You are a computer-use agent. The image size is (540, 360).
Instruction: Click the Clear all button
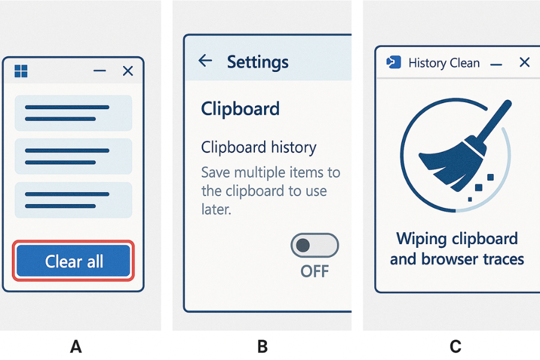click(x=74, y=262)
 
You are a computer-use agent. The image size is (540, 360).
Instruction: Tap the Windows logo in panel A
click(x=21, y=71)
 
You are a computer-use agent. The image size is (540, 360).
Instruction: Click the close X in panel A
click(x=128, y=71)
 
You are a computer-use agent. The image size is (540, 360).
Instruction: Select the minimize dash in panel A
click(x=100, y=71)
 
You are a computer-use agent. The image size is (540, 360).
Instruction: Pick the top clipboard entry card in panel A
click(x=73, y=113)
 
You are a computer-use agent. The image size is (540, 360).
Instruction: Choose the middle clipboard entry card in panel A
click(x=73, y=157)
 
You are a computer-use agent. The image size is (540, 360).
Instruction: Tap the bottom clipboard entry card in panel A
click(x=73, y=200)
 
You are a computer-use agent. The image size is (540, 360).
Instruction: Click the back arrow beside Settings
click(x=205, y=60)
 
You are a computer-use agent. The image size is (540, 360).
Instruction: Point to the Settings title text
click(x=257, y=62)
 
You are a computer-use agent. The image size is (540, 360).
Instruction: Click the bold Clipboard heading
click(x=240, y=109)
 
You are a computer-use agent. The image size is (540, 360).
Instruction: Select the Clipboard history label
click(x=259, y=148)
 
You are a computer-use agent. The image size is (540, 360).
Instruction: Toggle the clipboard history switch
click(x=314, y=245)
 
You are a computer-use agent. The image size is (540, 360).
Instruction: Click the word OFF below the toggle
click(x=314, y=271)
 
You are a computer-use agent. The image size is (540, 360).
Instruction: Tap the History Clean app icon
click(x=394, y=62)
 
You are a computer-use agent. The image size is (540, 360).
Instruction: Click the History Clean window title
click(x=444, y=63)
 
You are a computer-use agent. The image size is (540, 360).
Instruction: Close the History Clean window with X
click(x=524, y=62)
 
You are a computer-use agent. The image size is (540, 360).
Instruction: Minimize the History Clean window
click(x=496, y=63)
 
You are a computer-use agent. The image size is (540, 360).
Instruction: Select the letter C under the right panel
click(x=455, y=346)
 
